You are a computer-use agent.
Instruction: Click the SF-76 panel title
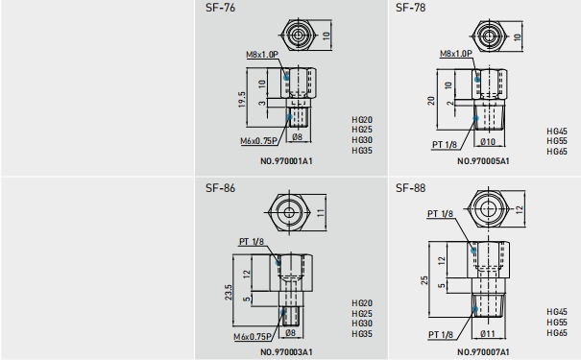(x=220, y=8)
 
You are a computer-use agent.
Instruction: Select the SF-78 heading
(x=411, y=8)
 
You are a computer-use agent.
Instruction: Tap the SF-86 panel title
(x=220, y=188)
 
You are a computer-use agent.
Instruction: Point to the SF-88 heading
(x=411, y=188)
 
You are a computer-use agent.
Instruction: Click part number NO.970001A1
(x=286, y=161)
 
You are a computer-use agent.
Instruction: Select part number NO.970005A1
(x=483, y=161)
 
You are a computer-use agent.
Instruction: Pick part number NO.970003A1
(x=286, y=352)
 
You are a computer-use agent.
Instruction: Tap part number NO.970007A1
(x=483, y=352)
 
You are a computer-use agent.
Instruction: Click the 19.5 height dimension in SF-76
(x=242, y=100)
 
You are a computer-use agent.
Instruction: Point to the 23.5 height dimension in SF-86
(x=229, y=292)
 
